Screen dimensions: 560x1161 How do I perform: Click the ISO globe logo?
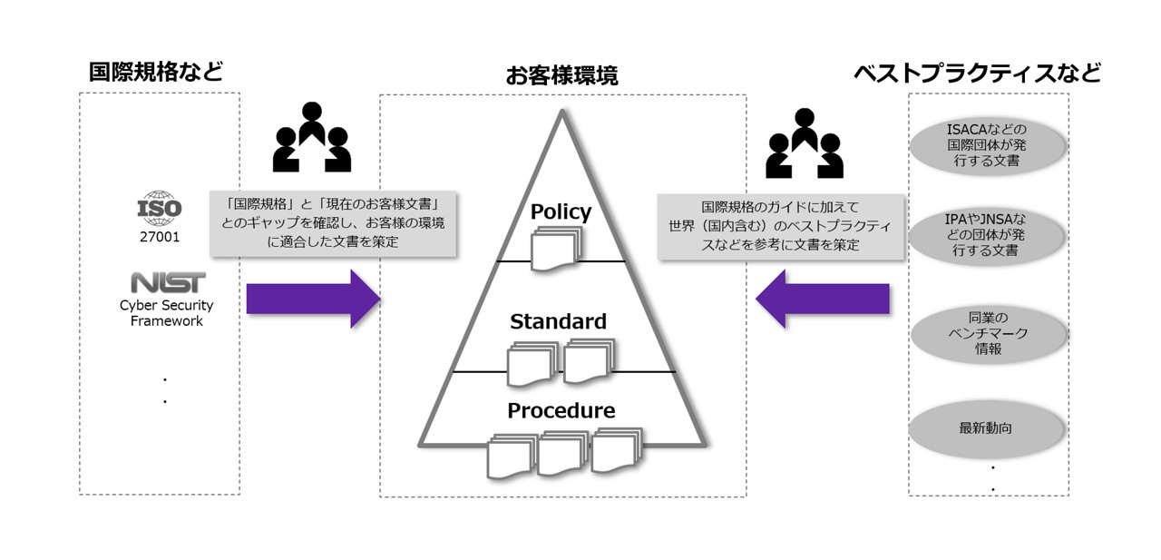coord(160,208)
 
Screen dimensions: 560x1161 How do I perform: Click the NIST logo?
coord(168,282)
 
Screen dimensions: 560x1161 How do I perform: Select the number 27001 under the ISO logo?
coord(160,238)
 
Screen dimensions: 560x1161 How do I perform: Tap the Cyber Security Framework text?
coord(167,313)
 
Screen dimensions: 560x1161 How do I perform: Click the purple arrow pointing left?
coord(822,298)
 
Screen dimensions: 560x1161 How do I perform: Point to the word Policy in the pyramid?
coord(561,211)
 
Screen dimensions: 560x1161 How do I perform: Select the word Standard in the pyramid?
coord(558,321)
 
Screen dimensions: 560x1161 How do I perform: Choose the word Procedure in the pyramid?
coord(561,410)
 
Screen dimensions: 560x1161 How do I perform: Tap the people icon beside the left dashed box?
coord(312,138)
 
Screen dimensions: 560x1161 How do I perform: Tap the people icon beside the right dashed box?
coord(804,143)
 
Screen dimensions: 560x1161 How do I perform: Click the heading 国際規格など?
coord(156,72)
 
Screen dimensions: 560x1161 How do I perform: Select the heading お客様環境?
coord(561,75)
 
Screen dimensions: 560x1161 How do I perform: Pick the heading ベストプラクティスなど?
coord(977,73)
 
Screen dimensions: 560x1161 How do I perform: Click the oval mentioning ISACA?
coord(988,144)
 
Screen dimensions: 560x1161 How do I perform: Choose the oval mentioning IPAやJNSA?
coord(988,235)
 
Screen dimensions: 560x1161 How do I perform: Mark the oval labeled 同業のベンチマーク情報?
coord(988,333)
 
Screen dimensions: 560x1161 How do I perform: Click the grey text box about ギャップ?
coord(333,222)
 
